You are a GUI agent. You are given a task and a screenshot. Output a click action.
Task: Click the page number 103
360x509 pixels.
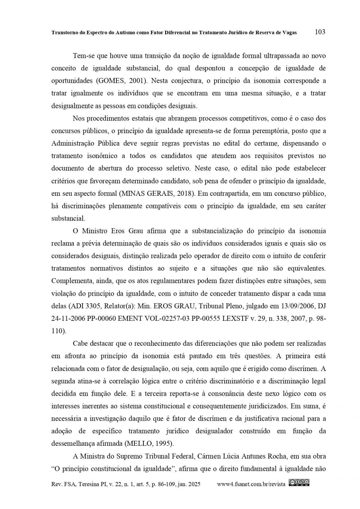[320, 32]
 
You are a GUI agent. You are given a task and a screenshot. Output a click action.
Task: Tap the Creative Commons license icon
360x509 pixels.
[299, 482]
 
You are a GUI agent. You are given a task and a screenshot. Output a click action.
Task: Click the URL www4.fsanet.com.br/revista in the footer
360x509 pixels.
[251, 484]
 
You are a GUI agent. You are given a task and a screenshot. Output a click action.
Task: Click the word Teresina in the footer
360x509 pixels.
[90, 484]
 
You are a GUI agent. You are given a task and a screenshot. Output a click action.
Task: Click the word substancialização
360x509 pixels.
[217, 231]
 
